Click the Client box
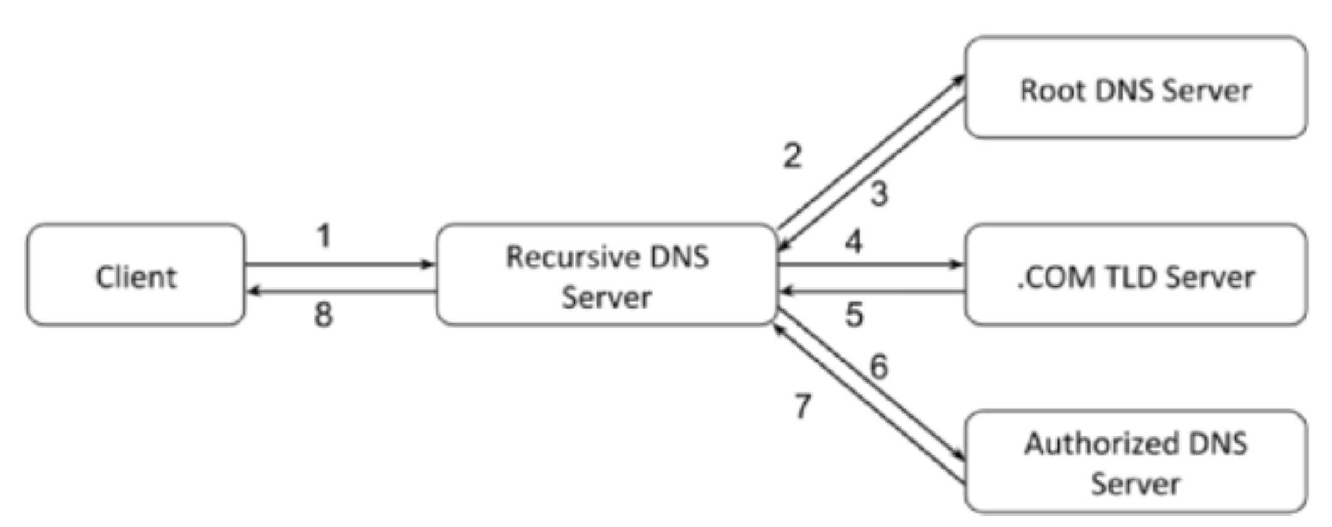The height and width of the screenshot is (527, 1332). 135,275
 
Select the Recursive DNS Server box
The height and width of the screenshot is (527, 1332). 607,275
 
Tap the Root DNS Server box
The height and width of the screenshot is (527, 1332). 1136,87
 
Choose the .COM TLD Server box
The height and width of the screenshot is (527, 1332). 1136,275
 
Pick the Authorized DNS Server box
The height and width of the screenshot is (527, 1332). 1136,462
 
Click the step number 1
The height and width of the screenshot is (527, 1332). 324,236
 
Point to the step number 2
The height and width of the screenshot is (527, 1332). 792,155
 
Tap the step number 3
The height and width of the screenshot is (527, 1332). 879,194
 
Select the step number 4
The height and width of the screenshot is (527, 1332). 853,241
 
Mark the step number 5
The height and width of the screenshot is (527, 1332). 854,314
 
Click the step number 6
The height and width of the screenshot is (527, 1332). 879,367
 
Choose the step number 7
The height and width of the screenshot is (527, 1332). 802,406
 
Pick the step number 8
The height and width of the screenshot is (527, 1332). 323,314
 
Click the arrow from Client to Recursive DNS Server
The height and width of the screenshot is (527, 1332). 340,265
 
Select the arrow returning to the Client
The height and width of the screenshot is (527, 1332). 341,291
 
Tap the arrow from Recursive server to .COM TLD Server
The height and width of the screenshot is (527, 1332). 871,265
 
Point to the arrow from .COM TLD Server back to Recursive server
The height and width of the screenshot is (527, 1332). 872,291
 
